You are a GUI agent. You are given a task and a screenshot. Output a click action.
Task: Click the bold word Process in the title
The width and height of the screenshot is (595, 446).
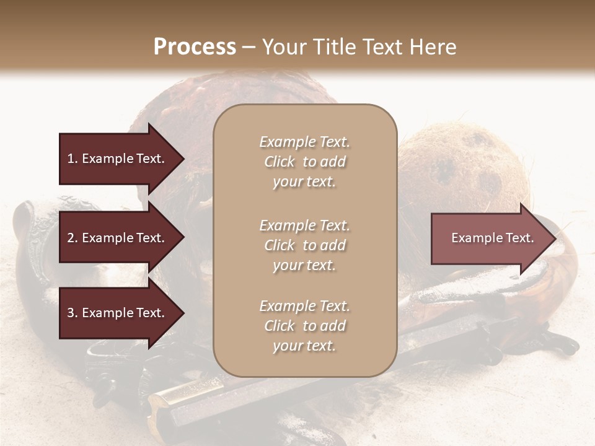195,47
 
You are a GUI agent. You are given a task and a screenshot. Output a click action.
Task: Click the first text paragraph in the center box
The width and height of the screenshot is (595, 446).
304,162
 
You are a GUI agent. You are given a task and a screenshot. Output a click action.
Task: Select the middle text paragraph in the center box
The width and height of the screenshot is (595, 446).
304,245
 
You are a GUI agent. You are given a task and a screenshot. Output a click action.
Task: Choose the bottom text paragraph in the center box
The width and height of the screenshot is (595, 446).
304,326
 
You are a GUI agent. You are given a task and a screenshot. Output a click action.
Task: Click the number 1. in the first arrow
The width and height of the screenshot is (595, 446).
72,159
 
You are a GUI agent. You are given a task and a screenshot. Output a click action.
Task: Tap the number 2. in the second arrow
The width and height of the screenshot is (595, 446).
72,238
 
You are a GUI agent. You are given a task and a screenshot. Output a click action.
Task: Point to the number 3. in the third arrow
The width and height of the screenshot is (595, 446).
72,313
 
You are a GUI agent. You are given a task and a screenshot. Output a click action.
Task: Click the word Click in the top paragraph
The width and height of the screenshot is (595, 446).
280,162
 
